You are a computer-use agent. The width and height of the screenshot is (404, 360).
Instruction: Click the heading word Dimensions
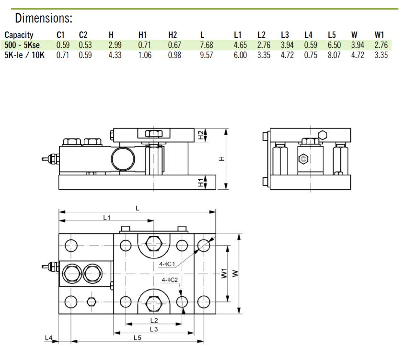[x=44, y=19]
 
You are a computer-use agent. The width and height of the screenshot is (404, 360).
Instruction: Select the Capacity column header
[x=19, y=35]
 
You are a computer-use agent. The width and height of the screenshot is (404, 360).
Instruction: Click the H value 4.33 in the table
[x=115, y=55]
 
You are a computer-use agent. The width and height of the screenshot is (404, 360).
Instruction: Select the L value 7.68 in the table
[x=206, y=45]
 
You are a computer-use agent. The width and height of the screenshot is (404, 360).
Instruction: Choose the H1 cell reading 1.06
[x=145, y=55]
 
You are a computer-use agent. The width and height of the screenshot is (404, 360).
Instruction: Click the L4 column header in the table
[x=309, y=35]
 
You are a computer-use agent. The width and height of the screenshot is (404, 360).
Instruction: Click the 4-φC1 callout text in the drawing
[x=167, y=264]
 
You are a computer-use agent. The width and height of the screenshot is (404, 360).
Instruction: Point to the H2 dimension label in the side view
[x=201, y=135]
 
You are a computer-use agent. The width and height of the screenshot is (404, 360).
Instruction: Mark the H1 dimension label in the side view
[x=201, y=182]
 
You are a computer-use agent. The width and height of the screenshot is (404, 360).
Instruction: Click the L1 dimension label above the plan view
[x=107, y=217]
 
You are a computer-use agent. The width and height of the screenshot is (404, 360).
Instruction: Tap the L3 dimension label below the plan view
[x=153, y=329]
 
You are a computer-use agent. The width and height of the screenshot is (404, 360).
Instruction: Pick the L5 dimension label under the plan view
[x=138, y=338]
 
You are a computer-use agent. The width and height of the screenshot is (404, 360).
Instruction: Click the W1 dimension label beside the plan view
[x=223, y=274]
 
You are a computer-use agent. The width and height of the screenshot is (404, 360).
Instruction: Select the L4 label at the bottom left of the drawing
[x=48, y=338]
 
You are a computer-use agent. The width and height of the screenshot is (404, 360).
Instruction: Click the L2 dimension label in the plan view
[x=153, y=320]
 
